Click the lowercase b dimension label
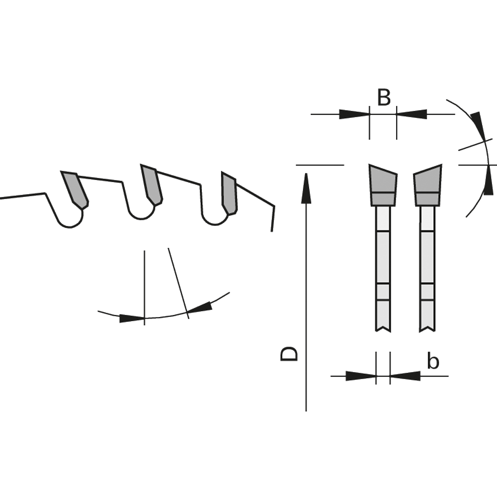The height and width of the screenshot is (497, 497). (x=433, y=361)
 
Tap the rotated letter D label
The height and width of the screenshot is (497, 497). (x=289, y=354)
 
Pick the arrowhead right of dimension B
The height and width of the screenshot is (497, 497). (x=412, y=114)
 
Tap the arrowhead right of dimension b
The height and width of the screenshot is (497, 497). (x=405, y=376)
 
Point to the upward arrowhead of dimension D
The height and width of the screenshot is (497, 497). (x=306, y=188)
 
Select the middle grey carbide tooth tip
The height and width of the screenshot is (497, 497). (x=152, y=185)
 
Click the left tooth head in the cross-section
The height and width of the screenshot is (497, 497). (x=383, y=185)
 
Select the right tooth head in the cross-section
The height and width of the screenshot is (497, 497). (x=427, y=185)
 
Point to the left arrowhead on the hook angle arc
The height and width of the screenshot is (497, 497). (x=132, y=318)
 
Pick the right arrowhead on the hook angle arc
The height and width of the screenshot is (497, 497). (x=200, y=308)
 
